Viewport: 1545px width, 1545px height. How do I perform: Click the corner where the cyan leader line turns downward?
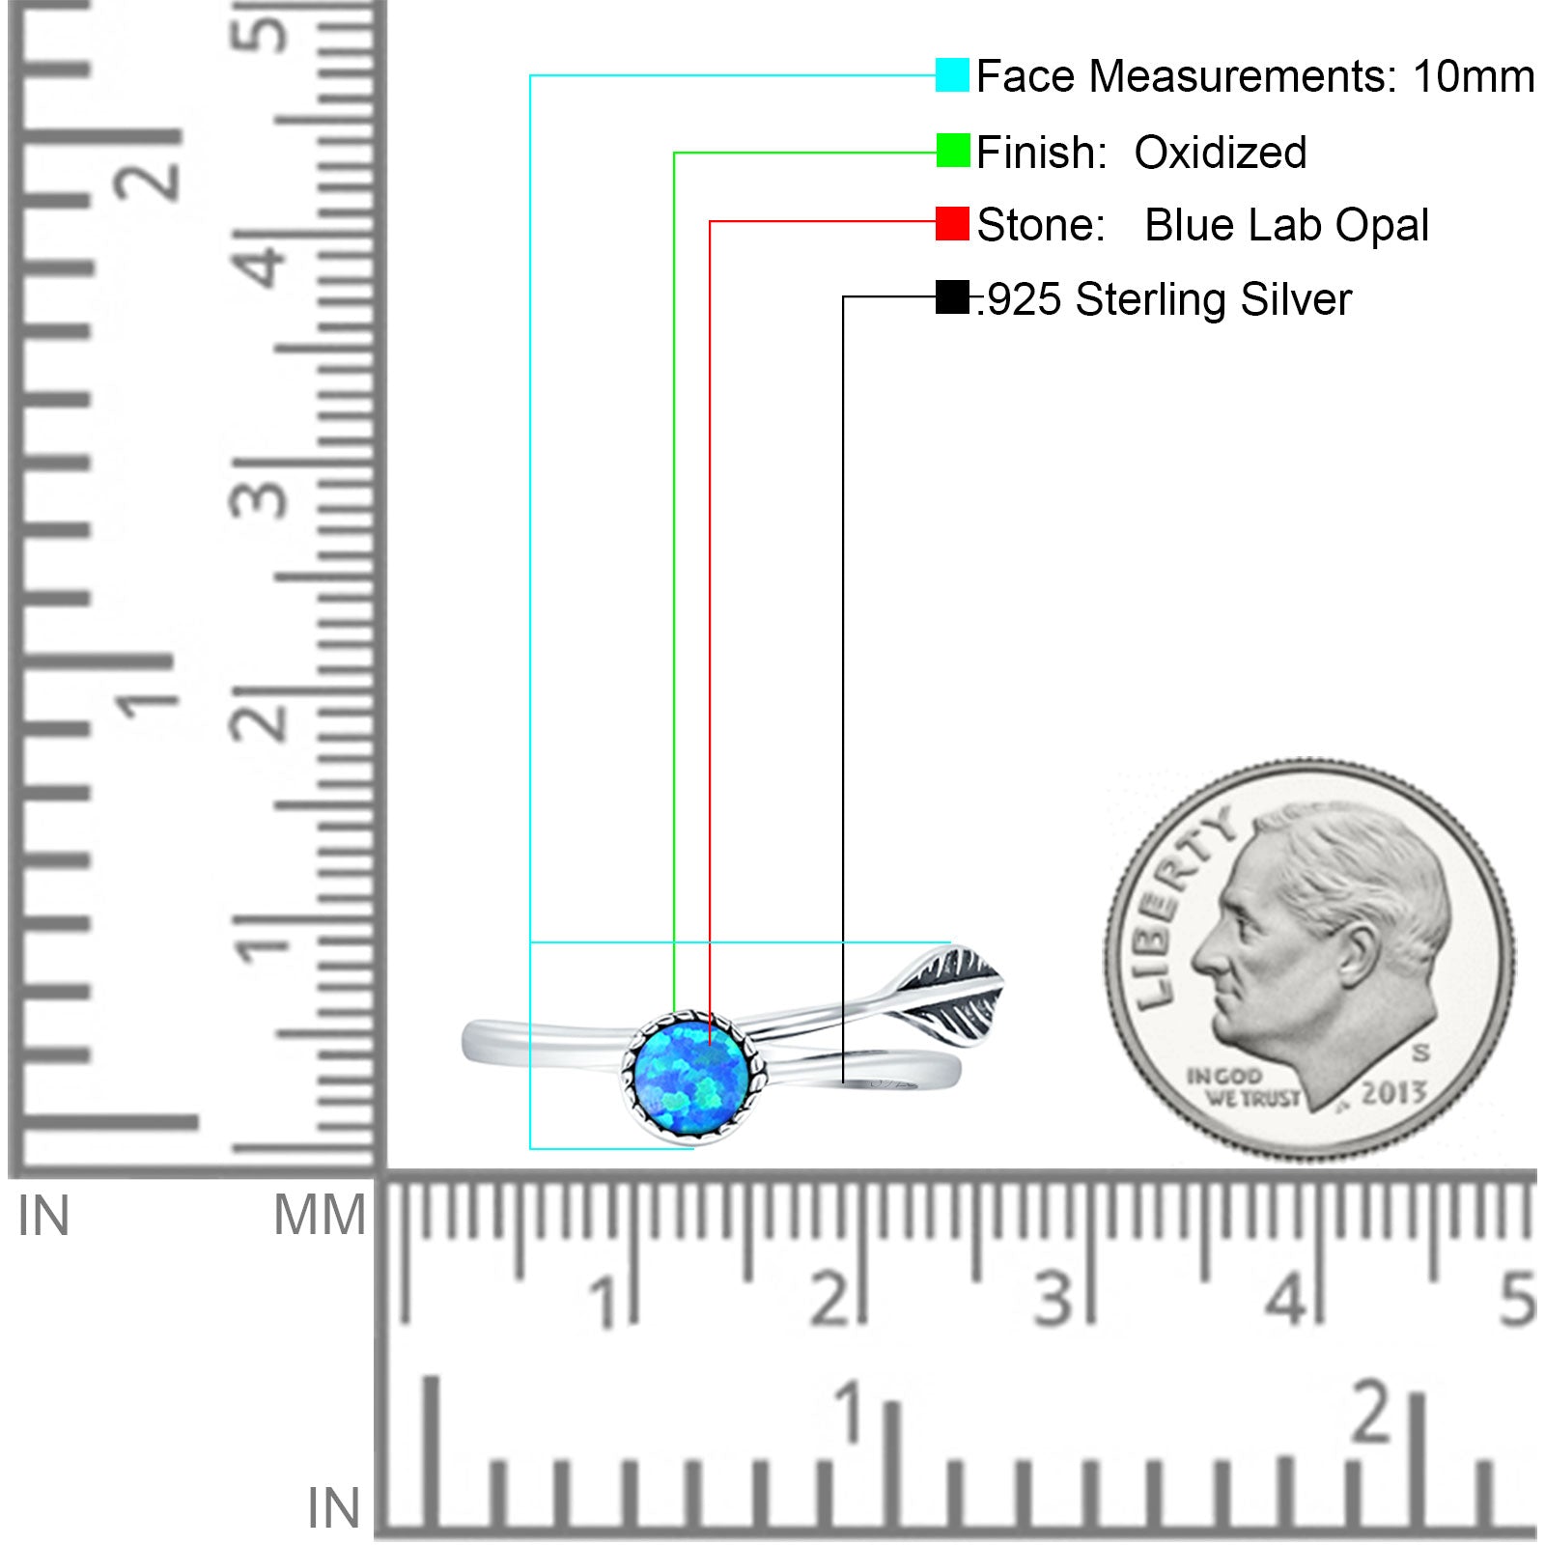pyautogui.click(x=530, y=75)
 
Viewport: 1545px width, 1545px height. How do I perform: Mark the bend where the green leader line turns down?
pyautogui.click(x=674, y=153)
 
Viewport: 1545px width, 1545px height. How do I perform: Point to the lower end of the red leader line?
pyautogui.click(x=710, y=1045)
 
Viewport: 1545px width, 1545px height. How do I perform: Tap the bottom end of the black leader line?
pyautogui.click(x=843, y=1082)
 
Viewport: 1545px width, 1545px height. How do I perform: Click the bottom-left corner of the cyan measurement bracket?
pyautogui.click(x=530, y=1148)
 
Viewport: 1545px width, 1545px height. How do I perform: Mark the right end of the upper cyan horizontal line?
pyautogui.click(x=951, y=941)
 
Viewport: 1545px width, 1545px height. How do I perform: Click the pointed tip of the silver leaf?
pyautogui.click(x=1004, y=975)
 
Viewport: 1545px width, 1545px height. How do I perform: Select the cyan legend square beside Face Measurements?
pyautogui.click(x=952, y=75)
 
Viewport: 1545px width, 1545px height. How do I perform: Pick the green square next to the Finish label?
pyautogui.click(x=952, y=151)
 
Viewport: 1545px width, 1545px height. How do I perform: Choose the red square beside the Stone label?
pyautogui.click(x=952, y=224)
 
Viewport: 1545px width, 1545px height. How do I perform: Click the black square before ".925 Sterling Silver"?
pyautogui.click(x=952, y=297)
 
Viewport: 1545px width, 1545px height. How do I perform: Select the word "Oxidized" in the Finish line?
pyautogui.click(x=1221, y=153)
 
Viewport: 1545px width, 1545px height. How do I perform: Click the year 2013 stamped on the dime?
pyautogui.click(x=1394, y=1092)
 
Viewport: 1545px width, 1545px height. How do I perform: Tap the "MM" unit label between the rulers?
pyautogui.click(x=320, y=1215)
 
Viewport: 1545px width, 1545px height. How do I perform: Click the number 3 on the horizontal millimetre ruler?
pyautogui.click(x=1053, y=1298)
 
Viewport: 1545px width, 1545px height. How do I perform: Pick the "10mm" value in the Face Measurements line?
pyautogui.click(x=1474, y=76)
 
